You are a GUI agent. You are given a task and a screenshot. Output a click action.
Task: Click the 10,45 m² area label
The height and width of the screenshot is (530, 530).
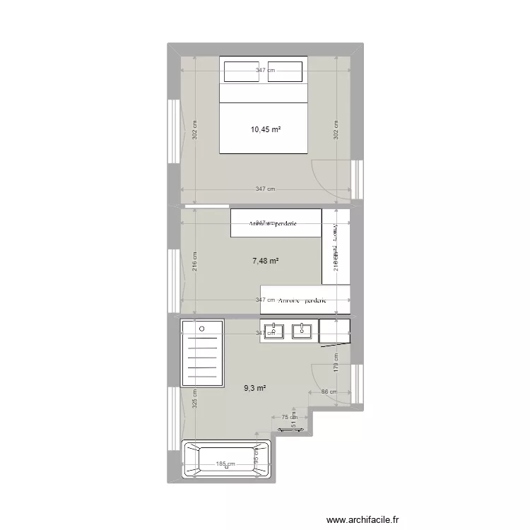click(266, 129)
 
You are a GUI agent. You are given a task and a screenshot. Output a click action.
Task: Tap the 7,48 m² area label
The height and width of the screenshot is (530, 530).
click(266, 261)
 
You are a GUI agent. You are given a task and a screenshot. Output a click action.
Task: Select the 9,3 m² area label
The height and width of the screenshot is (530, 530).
click(255, 388)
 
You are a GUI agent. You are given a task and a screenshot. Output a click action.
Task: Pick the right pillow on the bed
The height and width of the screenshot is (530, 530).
click(285, 72)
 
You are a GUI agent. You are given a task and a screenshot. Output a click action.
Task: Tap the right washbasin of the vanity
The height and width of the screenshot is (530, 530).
click(302, 331)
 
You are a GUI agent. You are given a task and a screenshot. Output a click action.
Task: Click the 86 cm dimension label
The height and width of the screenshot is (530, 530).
click(328, 392)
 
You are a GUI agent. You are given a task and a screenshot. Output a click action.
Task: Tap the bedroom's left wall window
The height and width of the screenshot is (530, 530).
click(172, 131)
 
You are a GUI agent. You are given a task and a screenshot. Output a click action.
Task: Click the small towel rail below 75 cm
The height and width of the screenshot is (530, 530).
click(290, 428)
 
